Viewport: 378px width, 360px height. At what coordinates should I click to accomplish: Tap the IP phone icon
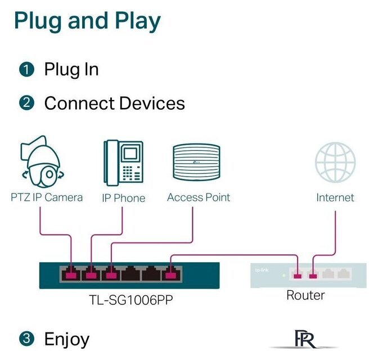123,164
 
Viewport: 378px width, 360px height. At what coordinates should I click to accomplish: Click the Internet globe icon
335,163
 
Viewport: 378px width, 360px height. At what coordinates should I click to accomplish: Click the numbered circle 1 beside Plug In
26,70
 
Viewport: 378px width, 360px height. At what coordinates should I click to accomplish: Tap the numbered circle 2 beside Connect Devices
26,103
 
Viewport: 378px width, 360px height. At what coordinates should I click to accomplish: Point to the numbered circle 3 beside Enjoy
26,339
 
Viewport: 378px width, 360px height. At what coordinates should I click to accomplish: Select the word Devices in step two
151,103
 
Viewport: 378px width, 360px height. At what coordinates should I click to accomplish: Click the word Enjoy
66,339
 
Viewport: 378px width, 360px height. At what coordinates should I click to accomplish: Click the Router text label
305,295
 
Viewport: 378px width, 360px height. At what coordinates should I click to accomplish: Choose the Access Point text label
198,197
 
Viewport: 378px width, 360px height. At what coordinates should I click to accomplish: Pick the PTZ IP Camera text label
47,197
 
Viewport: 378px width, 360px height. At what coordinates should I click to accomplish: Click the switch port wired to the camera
71,274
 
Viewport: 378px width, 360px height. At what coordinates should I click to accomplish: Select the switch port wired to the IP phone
91,274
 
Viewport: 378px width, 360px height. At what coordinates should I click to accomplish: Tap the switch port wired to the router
170,274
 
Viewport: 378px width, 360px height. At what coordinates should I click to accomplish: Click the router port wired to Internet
313,275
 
